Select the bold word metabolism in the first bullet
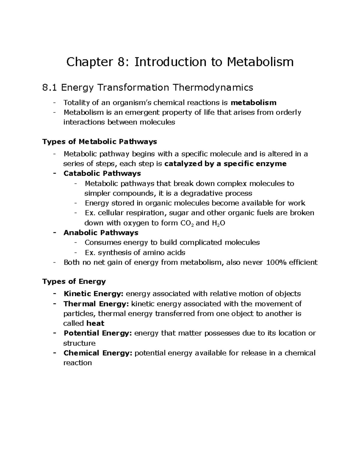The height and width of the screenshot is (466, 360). [253, 103]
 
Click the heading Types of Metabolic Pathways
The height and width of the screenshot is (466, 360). [100, 141]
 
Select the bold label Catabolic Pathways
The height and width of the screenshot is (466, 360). [102, 173]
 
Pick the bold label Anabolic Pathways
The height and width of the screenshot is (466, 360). [101, 233]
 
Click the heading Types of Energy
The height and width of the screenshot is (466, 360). [74, 281]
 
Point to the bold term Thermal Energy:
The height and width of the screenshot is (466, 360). [96, 304]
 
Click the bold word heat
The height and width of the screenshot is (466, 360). [95, 323]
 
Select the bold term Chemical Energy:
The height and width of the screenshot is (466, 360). [98, 353]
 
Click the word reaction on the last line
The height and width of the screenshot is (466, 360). [77, 363]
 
